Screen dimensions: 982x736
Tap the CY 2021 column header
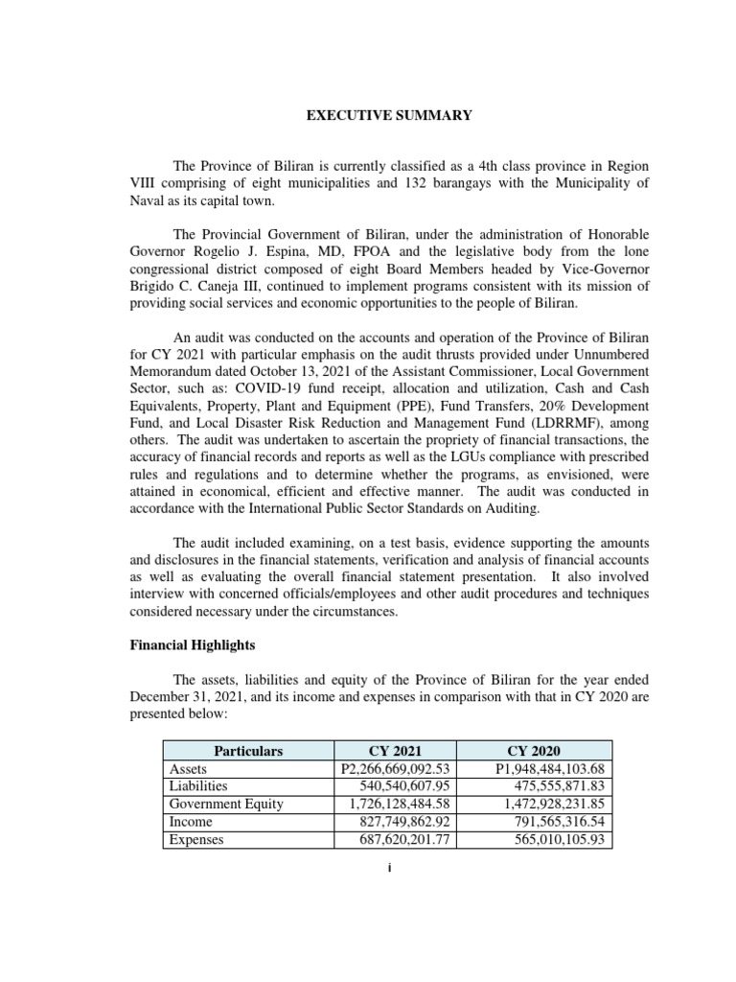coord(395,751)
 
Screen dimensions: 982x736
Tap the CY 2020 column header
coord(536,751)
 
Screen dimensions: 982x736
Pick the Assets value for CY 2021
coord(395,769)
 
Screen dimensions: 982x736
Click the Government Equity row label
coord(222,805)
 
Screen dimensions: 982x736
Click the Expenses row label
coord(195,840)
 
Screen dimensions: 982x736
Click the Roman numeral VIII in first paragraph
coord(146,184)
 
